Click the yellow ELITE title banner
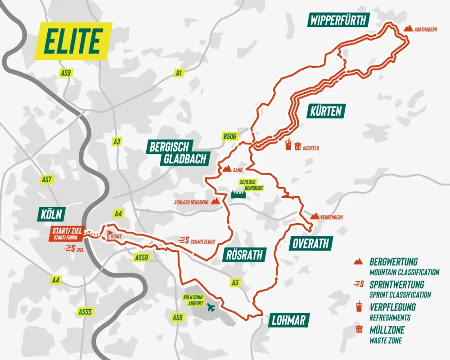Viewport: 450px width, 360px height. pos(72,41)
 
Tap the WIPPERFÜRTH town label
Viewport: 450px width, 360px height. pos(339,20)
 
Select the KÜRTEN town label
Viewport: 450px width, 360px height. pos(326,111)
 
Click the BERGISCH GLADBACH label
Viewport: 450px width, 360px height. pos(178,152)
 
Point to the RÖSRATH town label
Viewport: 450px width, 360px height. pos(243,255)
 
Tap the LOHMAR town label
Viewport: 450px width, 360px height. pos(289,320)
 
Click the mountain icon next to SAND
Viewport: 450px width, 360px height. pos(227,170)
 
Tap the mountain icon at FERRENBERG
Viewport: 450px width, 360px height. pos(315,216)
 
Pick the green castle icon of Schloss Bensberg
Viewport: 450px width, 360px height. pos(239,194)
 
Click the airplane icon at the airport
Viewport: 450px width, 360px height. pos(210,308)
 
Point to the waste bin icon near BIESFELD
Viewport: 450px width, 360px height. pos(297,146)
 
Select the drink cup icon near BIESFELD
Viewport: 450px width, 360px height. pos(288,145)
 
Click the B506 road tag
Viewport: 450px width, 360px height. pos(229,136)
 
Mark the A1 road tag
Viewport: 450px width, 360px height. pos(180,72)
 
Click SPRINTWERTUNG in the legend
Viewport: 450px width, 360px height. pos(396,284)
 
